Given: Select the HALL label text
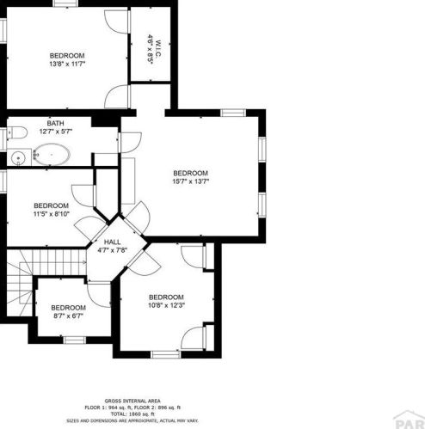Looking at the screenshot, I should [112, 242].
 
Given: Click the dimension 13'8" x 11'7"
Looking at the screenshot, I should [66, 64].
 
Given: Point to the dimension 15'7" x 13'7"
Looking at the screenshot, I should [191, 181].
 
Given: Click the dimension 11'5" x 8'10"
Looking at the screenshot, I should [51, 215].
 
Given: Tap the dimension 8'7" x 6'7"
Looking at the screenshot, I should [68, 316].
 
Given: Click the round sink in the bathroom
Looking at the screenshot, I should [16, 157].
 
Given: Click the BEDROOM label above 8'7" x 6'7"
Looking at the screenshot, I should [68, 308].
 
